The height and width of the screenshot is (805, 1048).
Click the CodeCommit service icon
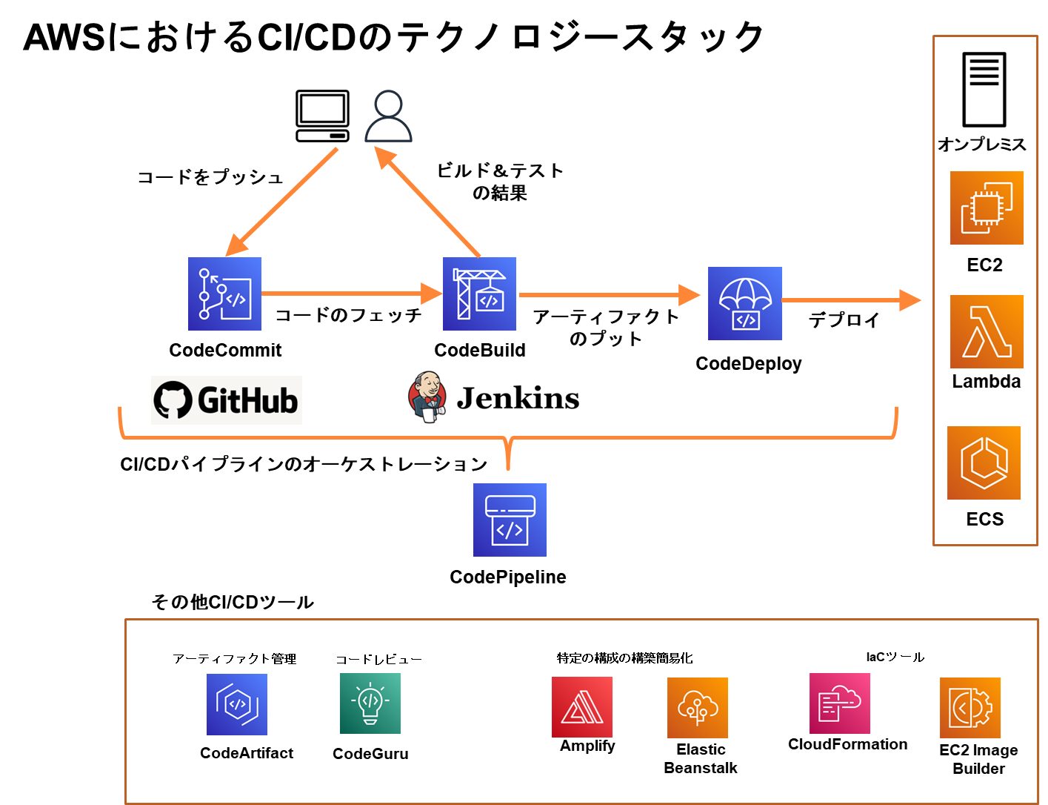click(x=224, y=294)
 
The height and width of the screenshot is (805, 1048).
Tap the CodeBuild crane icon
click(x=479, y=294)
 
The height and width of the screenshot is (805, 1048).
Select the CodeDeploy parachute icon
click(x=744, y=303)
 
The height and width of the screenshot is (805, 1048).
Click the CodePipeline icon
click(x=510, y=520)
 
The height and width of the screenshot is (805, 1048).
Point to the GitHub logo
click(x=226, y=400)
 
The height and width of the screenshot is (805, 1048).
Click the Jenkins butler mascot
click(x=427, y=397)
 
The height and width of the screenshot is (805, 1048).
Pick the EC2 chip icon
click(x=987, y=208)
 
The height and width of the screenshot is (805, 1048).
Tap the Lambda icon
click(x=987, y=331)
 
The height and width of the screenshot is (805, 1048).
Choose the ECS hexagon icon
click(x=984, y=463)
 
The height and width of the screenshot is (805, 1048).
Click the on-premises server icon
click(x=984, y=90)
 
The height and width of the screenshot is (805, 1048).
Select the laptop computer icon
click(x=322, y=116)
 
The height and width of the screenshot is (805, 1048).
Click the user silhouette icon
click(x=388, y=116)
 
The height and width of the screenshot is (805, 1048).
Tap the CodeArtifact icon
click(x=237, y=704)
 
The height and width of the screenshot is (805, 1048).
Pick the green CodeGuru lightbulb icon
click(x=370, y=703)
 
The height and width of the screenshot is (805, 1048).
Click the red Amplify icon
click(x=582, y=706)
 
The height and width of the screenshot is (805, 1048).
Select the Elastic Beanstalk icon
click(x=698, y=708)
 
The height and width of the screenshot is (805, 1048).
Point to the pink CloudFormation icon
click(x=840, y=703)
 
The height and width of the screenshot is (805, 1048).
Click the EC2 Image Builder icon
click(x=970, y=708)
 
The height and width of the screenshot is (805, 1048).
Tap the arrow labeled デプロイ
click(x=852, y=300)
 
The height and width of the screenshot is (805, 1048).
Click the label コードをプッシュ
click(x=210, y=177)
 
